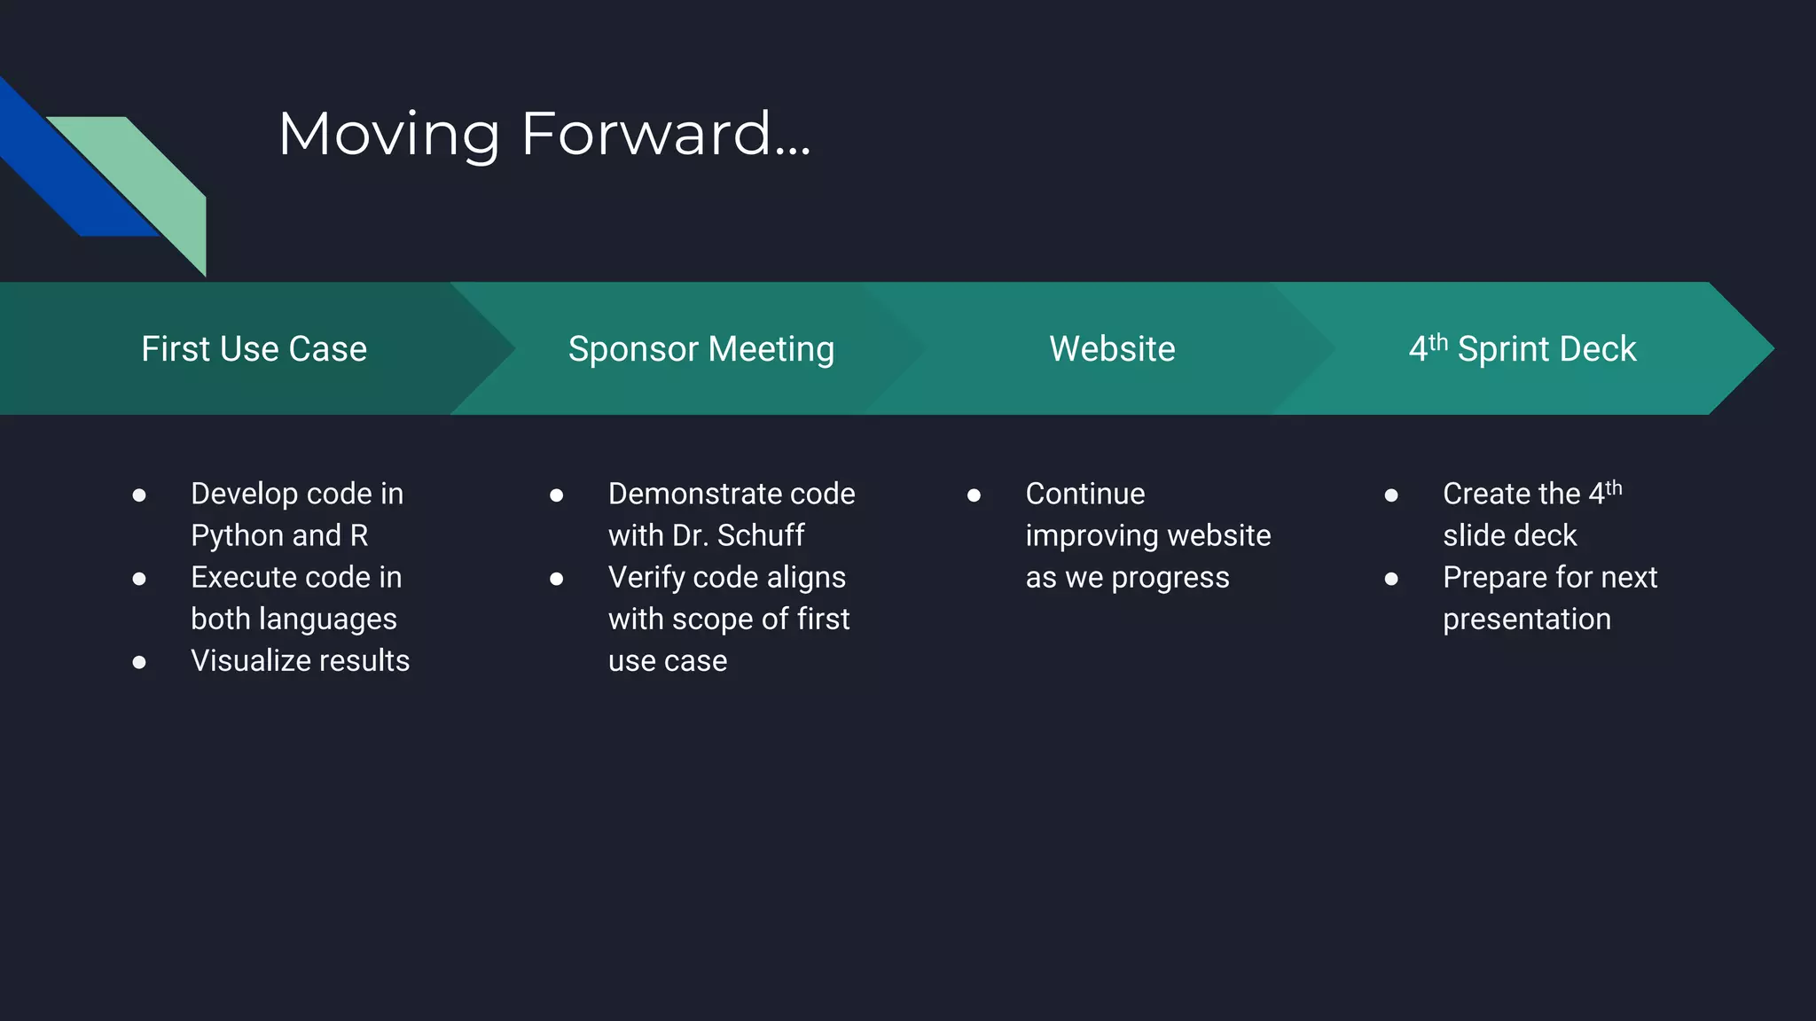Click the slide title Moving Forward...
point(544,134)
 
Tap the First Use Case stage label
point(254,349)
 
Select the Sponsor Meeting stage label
point(701,349)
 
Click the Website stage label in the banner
point(1112,349)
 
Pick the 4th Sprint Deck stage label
point(1522,349)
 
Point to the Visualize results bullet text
point(300,661)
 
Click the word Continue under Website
point(1084,495)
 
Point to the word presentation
point(1526,620)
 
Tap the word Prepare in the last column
point(1493,578)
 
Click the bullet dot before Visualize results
point(139,662)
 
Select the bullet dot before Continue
point(974,495)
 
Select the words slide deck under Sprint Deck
point(1509,536)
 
